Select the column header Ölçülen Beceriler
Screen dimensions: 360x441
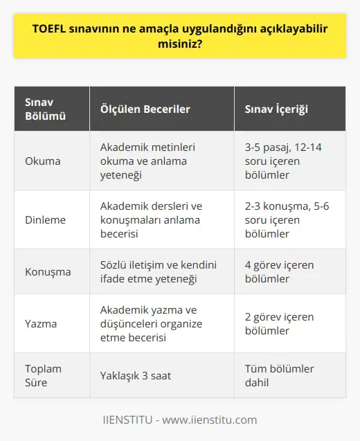coord(145,109)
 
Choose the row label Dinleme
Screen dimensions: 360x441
coord(46,219)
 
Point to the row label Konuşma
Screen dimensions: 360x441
coord(48,271)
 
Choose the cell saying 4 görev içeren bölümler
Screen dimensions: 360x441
coord(280,271)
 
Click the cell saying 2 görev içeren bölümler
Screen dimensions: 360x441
coord(280,323)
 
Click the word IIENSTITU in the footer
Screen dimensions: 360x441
coord(127,420)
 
